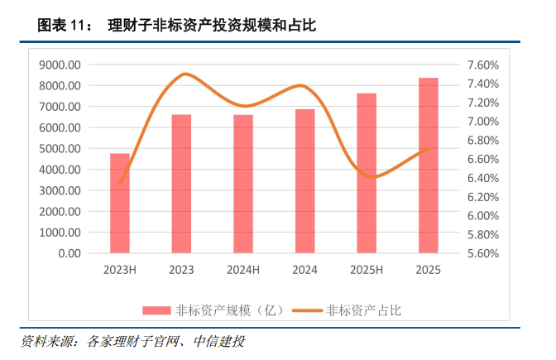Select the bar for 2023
(x=181, y=184)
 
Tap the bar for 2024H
(x=243, y=184)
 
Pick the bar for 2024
(x=305, y=180)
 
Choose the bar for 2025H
(x=367, y=173)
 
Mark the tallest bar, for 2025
(x=428, y=165)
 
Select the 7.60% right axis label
(x=483, y=65)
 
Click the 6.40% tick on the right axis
(x=483, y=178)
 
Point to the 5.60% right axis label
(x=483, y=253)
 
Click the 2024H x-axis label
(x=243, y=271)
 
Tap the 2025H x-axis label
(x=367, y=271)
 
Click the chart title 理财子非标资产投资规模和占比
(x=213, y=26)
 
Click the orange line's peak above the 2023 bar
(x=185, y=74)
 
